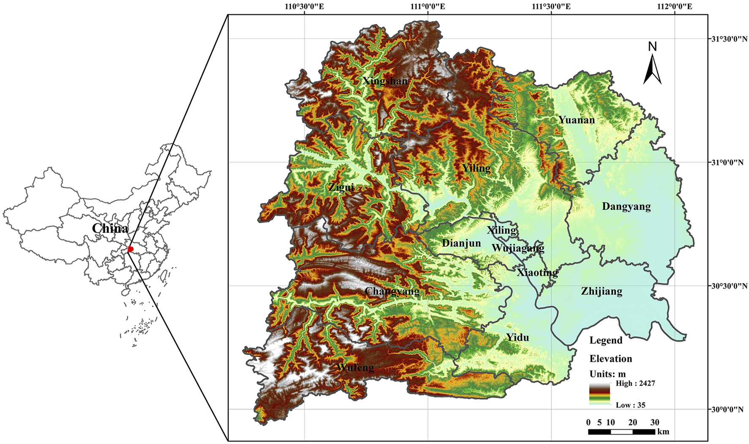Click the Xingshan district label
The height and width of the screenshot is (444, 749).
point(385,81)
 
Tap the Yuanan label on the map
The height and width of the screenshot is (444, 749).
point(577,120)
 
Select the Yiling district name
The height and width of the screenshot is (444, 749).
point(476,168)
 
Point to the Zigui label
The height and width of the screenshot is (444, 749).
point(341,187)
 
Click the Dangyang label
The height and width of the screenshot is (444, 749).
point(626,206)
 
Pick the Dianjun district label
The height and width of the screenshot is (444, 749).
point(461,243)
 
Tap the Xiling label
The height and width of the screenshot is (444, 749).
point(502,230)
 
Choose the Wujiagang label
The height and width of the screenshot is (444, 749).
point(518,248)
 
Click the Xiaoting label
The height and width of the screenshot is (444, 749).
point(537,273)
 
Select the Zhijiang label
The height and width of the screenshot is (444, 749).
point(601,291)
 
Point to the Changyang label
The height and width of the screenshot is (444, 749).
point(392,291)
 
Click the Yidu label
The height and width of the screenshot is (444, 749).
point(518,337)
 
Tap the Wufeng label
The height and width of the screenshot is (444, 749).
point(355,367)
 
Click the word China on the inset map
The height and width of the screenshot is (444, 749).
point(110,228)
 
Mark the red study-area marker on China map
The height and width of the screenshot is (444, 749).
point(131,249)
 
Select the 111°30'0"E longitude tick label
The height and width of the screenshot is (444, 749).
point(551,6)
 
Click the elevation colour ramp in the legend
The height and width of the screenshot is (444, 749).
point(600,394)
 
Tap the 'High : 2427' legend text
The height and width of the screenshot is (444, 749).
point(635,384)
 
